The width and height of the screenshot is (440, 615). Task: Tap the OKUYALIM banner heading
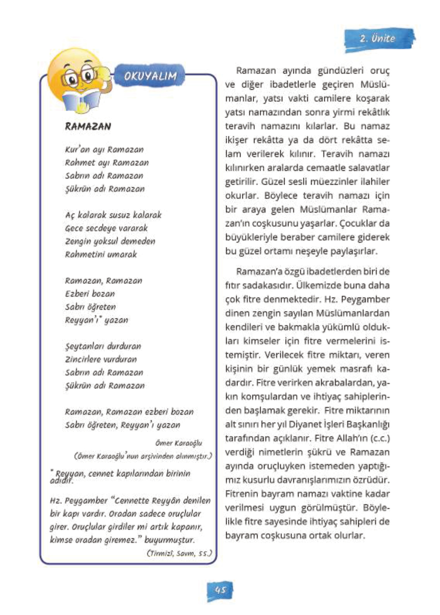[x=151, y=76]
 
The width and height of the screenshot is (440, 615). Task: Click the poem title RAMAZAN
[x=88, y=127]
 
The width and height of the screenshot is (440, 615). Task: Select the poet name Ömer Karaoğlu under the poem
[x=179, y=443]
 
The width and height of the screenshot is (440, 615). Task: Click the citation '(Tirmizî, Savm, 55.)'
[x=179, y=553]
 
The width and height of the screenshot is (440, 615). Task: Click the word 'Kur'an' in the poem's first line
[x=76, y=149]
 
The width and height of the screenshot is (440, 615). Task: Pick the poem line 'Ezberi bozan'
[x=90, y=294]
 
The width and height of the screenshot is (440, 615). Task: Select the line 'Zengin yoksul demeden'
[x=110, y=241]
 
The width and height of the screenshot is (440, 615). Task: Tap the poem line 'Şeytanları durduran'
[x=103, y=346]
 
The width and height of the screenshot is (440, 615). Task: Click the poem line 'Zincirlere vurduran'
[x=101, y=359]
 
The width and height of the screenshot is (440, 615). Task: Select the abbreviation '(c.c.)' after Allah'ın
[x=380, y=438]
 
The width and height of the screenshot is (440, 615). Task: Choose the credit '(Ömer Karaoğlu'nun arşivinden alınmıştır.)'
[x=143, y=456]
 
